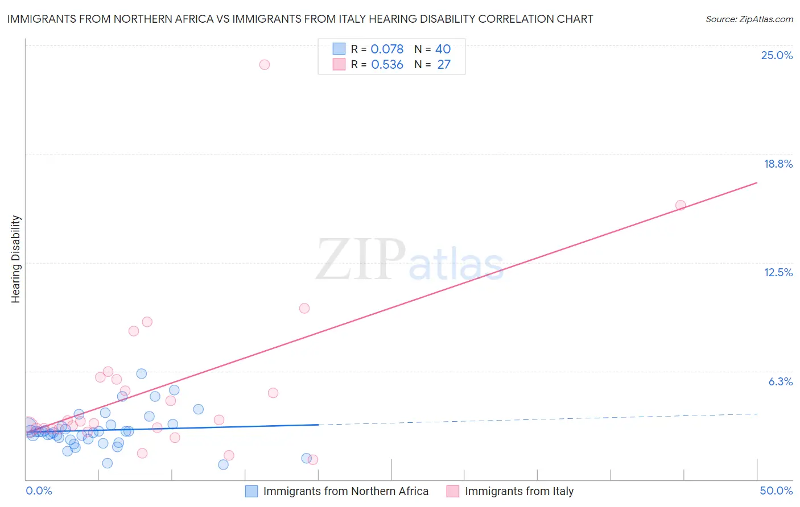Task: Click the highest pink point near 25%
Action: (x=264, y=64)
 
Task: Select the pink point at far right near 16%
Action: (x=681, y=205)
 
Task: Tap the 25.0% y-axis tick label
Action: (x=777, y=55)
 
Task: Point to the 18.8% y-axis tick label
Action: (x=778, y=164)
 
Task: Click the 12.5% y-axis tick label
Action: (x=778, y=272)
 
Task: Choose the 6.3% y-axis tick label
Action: (x=780, y=381)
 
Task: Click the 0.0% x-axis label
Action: (x=39, y=491)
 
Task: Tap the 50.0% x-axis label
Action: (x=776, y=491)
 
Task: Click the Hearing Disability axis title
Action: (x=16, y=259)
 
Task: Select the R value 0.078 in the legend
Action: (x=387, y=49)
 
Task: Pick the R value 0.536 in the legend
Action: (x=387, y=65)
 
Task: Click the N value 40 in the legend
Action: (x=443, y=49)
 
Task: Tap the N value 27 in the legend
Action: (x=444, y=65)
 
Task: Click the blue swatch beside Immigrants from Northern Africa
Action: (x=251, y=491)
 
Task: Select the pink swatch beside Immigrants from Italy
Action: (x=453, y=491)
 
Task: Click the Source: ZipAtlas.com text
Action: (x=749, y=19)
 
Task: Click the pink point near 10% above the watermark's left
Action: (x=304, y=308)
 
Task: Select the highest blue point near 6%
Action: (x=142, y=373)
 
